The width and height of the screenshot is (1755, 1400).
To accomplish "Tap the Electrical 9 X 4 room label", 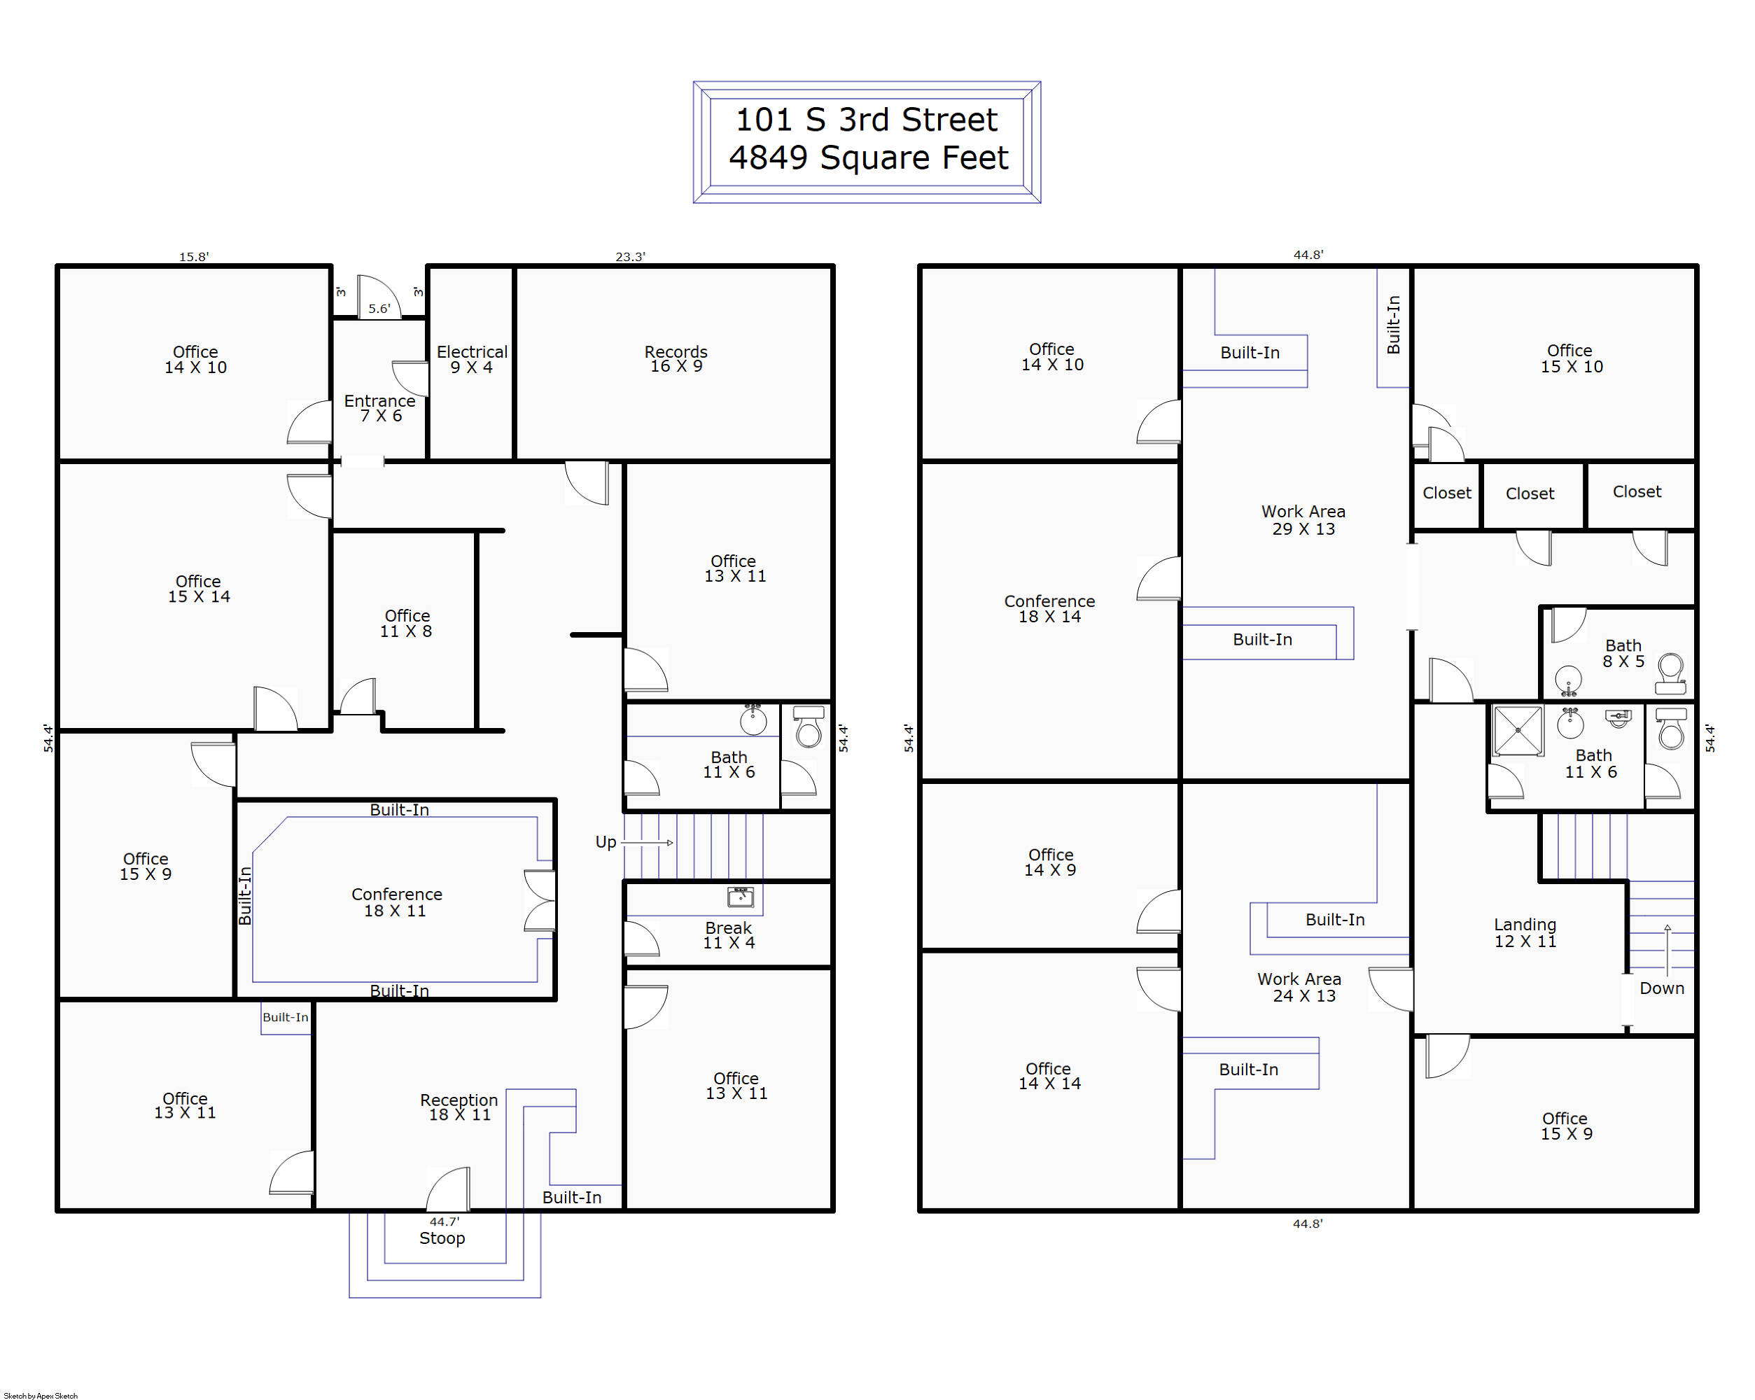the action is click(x=472, y=359).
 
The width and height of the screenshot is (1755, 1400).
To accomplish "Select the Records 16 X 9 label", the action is click(x=676, y=359).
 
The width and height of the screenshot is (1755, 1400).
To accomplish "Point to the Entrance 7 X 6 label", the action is click(x=380, y=408).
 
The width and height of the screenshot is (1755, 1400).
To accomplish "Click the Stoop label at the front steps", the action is click(x=442, y=1238).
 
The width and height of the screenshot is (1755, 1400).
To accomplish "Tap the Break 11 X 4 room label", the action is click(x=729, y=935).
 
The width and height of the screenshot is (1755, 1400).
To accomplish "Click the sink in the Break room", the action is click(x=740, y=897).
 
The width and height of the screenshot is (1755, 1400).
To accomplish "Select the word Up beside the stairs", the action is click(x=606, y=841).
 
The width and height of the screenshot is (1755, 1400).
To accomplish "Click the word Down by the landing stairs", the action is click(x=1661, y=988).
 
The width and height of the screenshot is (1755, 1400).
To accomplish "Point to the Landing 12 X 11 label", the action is click(x=1525, y=933).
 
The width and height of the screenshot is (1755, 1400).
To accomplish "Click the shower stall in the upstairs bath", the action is click(x=1518, y=731).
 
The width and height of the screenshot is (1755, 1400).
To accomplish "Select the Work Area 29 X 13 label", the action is click(x=1303, y=520).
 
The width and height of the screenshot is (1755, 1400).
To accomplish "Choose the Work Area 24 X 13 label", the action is click(x=1299, y=987).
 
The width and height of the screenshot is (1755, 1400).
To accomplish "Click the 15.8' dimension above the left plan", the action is click(x=194, y=256).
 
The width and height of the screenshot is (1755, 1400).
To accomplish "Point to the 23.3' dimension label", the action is click(x=630, y=256).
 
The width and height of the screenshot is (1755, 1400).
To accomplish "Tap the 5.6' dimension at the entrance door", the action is click(x=379, y=309).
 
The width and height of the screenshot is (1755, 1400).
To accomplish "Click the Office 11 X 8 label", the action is click(x=407, y=624).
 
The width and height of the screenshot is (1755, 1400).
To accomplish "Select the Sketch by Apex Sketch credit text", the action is click(x=41, y=1395).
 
